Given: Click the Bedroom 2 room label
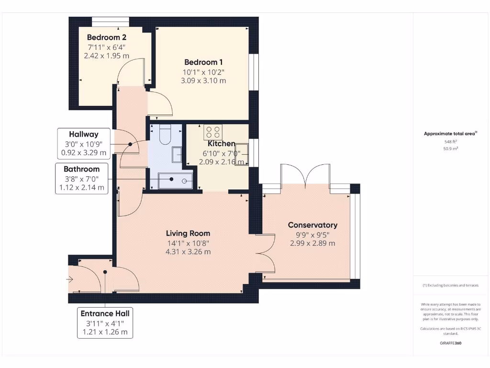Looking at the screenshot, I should click(106, 37).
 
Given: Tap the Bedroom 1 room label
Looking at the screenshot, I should click(203, 62).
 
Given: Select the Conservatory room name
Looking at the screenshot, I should click(312, 225).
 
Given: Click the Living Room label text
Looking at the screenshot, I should click(188, 233).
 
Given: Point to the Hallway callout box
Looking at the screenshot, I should click(84, 144).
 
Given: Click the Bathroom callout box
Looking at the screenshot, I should click(81, 178).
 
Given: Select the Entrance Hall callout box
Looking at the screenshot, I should click(105, 322).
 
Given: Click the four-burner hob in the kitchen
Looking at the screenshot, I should click(212, 131).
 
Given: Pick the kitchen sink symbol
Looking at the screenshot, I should click(241, 154).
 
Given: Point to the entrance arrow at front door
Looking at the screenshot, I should click(70, 279).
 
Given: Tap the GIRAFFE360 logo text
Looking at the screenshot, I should click(450, 343).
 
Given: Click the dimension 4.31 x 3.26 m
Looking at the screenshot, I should click(188, 252).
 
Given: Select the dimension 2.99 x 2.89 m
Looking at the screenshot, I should click(312, 243).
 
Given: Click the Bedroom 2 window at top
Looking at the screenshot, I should click(110, 21).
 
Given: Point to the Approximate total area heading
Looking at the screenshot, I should click(450, 134).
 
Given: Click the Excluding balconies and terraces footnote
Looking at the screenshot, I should click(450, 285).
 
